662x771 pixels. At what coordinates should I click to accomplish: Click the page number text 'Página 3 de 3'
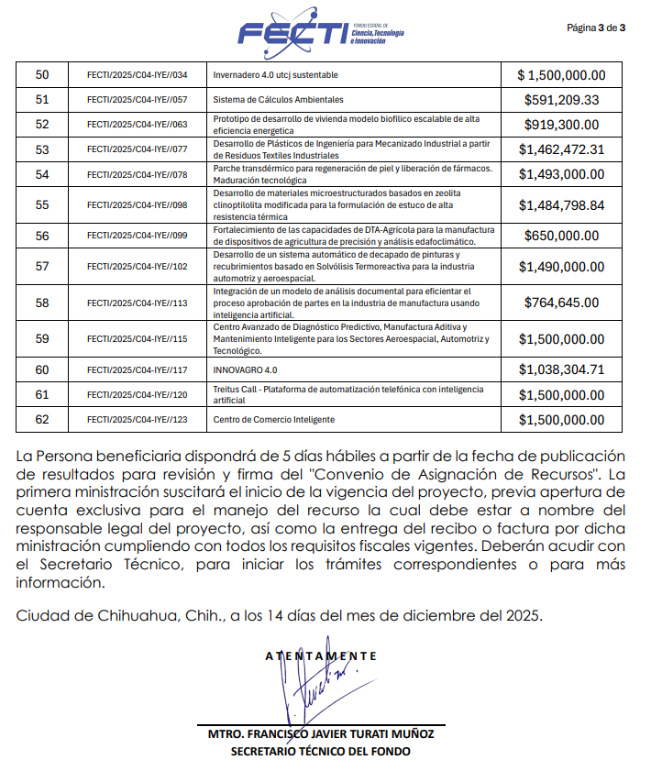click(x=596, y=28)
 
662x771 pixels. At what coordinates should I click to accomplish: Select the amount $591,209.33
click(x=561, y=100)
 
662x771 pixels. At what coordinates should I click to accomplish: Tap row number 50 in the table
click(x=42, y=75)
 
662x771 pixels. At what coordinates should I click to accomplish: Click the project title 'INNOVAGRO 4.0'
click(x=245, y=370)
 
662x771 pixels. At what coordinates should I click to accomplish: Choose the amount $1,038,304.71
click(x=561, y=370)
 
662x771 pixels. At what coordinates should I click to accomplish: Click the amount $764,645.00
click(x=561, y=302)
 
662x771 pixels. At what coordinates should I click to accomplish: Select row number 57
click(x=42, y=266)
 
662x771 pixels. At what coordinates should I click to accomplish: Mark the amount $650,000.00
click(x=561, y=236)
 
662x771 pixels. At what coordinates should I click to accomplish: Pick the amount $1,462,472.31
click(x=561, y=149)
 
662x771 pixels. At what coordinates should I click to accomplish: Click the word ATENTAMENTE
click(x=320, y=656)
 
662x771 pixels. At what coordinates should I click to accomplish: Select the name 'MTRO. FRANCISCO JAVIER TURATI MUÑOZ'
click(x=321, y=735)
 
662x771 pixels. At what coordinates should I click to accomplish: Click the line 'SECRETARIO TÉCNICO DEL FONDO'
click(x=321, y=752)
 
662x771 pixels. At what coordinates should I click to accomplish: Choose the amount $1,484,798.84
click(x=561, y=205)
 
